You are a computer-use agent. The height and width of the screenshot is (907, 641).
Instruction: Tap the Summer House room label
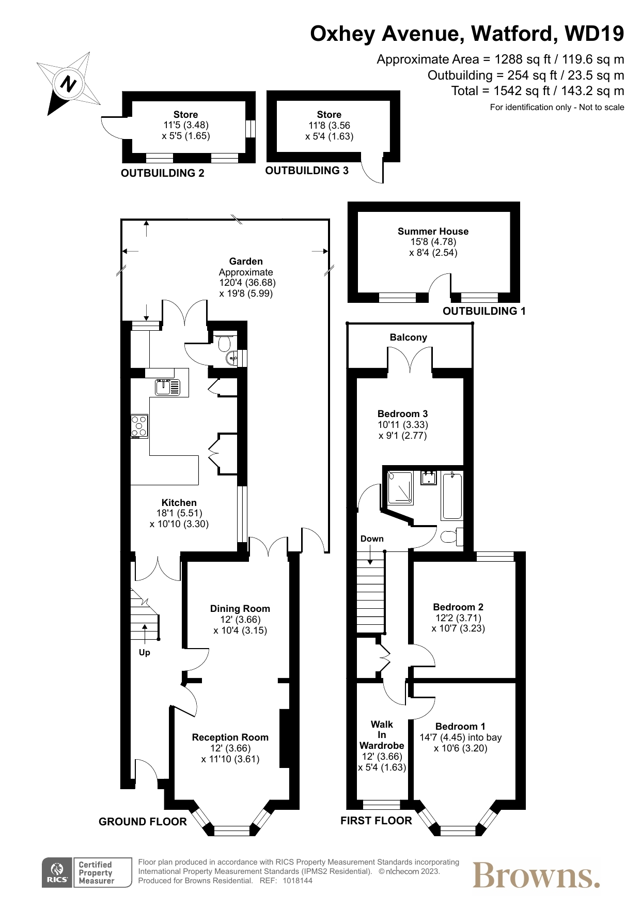(x=433, y=232)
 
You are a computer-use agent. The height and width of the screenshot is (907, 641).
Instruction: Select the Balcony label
(x=409, y=337)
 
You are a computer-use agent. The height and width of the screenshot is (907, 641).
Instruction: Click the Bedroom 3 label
(x=402, y=414)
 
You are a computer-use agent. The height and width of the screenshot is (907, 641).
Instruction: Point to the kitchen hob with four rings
(x=139, y=426)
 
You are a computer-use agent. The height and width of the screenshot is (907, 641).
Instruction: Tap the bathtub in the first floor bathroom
(x=452, y=496)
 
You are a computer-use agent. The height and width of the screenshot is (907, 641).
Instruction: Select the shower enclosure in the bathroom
(x=400, y=488)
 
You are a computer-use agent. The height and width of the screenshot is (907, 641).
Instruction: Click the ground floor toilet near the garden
(x=225, y=343)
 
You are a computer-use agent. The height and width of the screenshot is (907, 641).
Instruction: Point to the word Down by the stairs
(x=372, y=539)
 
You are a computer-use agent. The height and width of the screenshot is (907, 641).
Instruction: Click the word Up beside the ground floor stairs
(x=145, y=653)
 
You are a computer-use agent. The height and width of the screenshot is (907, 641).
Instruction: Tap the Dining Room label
(x=240, y=609)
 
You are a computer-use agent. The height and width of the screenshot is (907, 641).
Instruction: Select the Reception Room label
(x=230, y=737)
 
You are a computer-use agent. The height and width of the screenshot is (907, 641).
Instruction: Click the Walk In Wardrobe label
(x=382, y=735)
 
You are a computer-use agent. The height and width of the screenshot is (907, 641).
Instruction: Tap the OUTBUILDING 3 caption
(x=307, y=171)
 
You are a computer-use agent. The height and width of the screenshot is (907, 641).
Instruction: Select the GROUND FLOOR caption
(x=143, y=822)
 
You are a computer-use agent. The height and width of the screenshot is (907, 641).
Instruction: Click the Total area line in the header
(x=538, y=91)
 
